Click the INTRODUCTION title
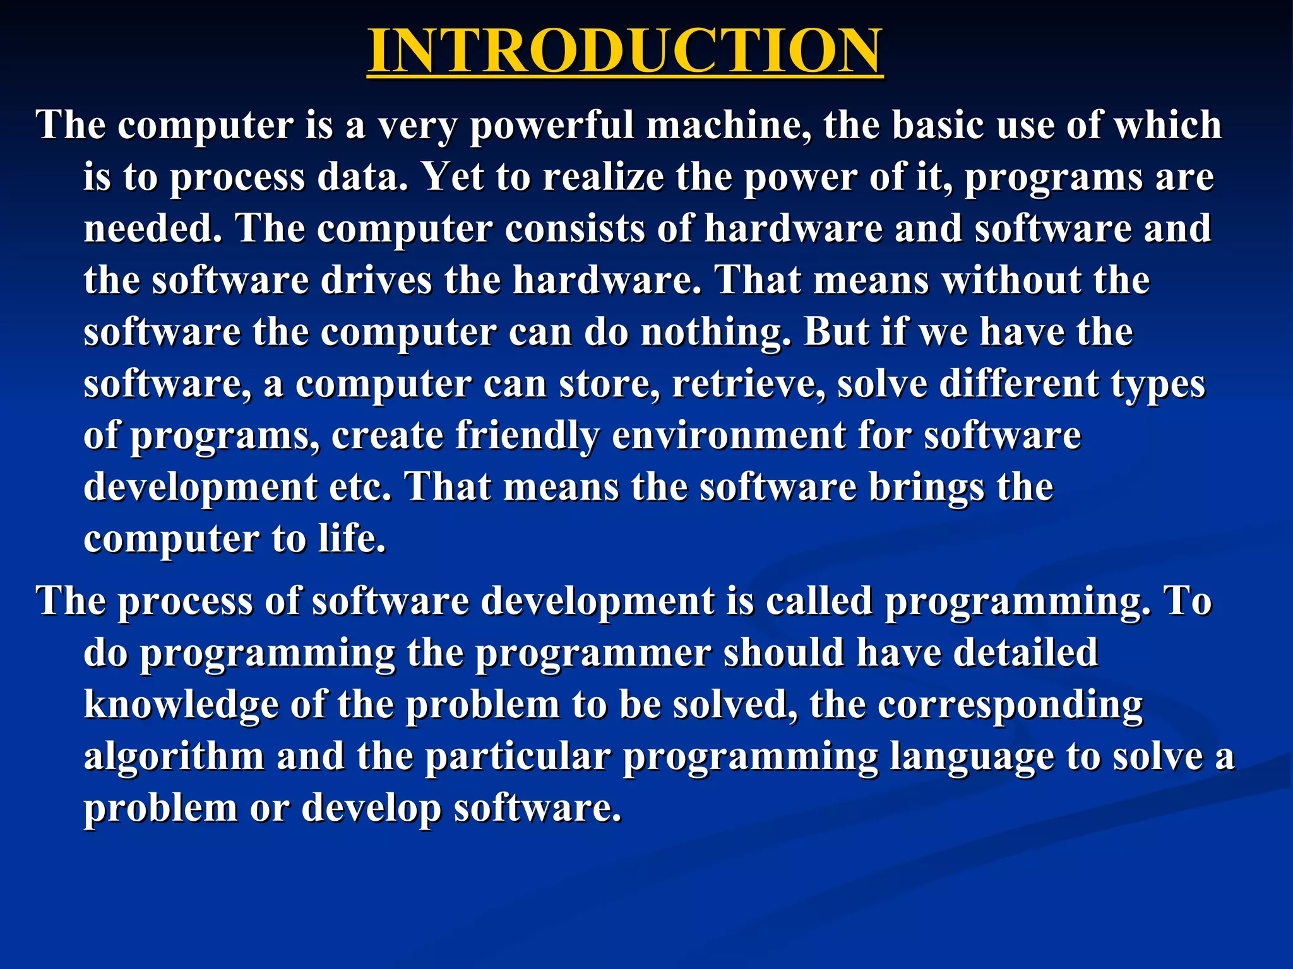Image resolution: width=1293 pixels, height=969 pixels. click(625, 50)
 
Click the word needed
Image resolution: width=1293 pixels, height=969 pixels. click(153, 228)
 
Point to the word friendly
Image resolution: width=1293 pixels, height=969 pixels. click(527, 435)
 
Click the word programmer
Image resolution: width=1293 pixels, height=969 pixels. click(593, 652)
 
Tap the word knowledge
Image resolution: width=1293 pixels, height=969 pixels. click(181, 704)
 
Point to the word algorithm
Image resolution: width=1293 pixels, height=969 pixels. click(174, 756)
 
